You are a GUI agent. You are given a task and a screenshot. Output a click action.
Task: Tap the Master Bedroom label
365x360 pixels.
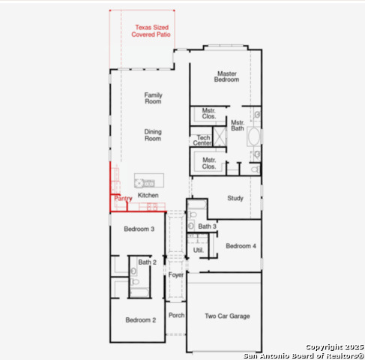[227, 76]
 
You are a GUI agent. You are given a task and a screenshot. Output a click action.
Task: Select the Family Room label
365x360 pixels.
[153, 98]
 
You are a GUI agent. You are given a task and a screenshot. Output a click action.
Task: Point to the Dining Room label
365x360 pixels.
[153, 135]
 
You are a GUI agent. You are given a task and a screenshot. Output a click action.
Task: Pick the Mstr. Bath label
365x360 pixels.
[238, 125]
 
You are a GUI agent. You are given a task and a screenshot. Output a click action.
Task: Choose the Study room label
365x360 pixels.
[235, 198]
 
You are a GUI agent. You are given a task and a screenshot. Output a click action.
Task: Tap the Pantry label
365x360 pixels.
[123, 199]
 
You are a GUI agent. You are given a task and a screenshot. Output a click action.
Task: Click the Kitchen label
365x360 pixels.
[148, 195]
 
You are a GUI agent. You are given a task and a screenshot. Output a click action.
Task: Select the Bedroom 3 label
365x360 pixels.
[139, 229]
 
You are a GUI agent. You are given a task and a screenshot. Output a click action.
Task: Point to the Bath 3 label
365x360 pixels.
[208, 226]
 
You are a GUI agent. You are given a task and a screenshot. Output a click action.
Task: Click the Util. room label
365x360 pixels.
[199, 249]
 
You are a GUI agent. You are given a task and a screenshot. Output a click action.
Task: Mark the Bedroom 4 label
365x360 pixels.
[241, 246]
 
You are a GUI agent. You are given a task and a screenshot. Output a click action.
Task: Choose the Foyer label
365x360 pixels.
[176, 275]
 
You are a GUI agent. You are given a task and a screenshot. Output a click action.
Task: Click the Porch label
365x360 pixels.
[176, 316]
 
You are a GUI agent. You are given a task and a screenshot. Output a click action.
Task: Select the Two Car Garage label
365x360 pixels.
[228, 316]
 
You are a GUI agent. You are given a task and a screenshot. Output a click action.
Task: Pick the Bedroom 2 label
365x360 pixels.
[140, 320]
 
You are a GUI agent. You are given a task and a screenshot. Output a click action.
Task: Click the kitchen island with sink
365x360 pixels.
[145, 181]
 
